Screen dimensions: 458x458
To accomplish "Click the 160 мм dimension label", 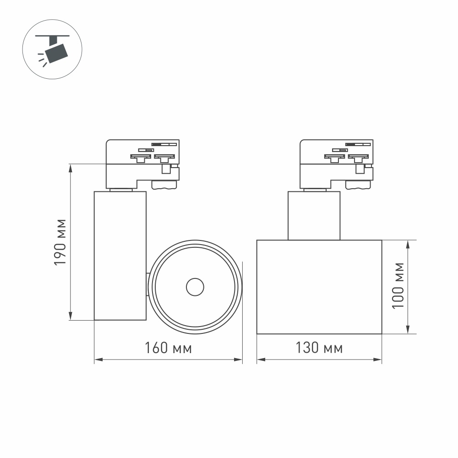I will point(168,349).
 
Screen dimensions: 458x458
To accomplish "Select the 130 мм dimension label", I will point(319,349).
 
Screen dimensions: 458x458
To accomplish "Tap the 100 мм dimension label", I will point(399,285).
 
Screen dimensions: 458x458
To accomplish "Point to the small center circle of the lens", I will point(195,287).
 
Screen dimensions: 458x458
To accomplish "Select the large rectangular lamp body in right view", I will point(319,287).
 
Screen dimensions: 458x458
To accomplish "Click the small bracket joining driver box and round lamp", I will point(148,284).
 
